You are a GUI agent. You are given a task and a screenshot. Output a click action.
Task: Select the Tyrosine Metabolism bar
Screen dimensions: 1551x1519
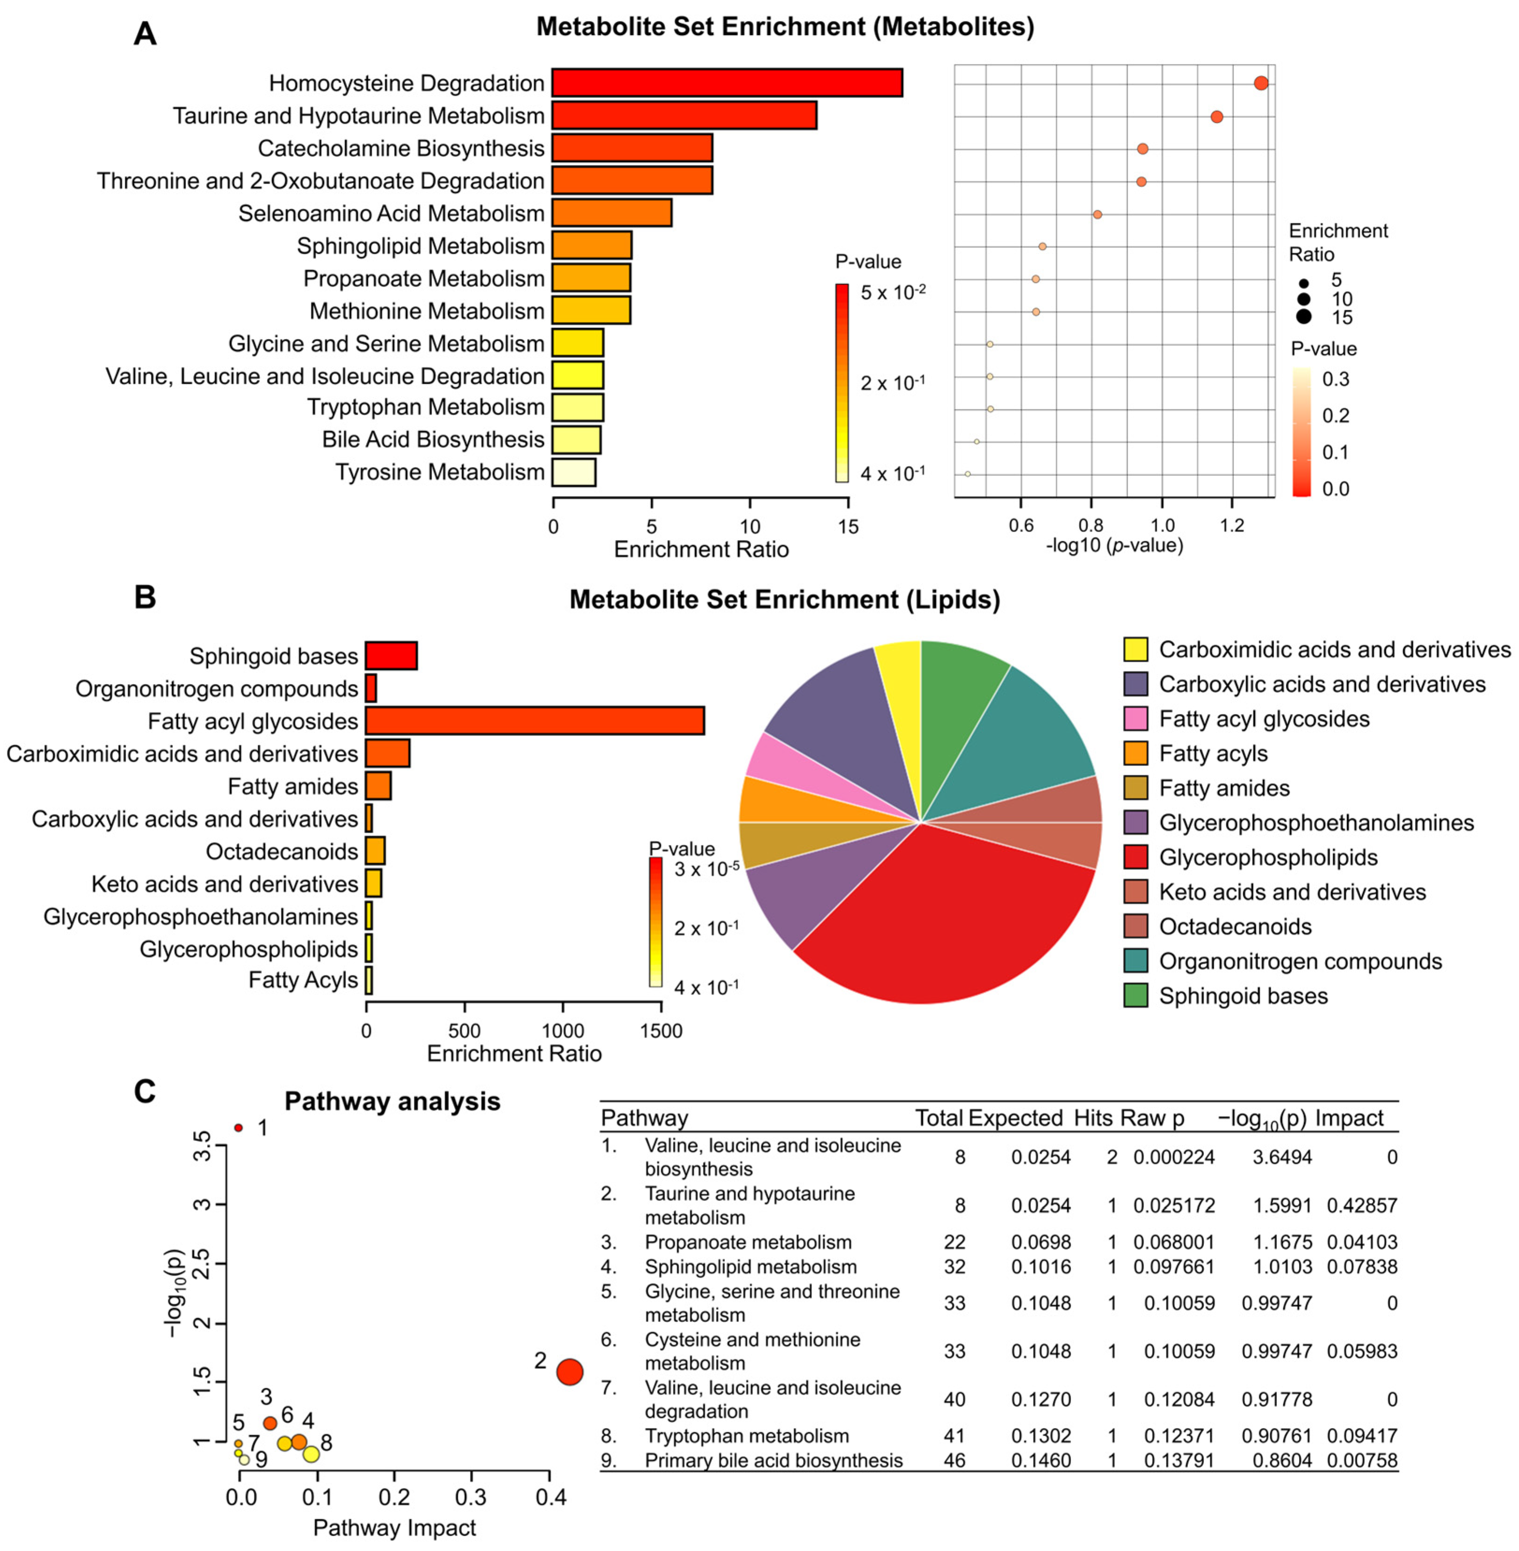(x=574, y=472)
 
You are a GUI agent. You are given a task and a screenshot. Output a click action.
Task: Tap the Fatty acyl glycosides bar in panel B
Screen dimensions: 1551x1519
(x=535, y=721)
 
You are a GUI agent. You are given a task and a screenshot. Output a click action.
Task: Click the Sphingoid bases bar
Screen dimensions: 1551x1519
(x=391, y=656)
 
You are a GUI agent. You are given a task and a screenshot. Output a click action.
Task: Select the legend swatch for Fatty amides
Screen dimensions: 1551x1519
(x=1135, y=788)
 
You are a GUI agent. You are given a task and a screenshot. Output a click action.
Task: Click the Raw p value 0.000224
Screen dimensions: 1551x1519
(x=1173, y=1157)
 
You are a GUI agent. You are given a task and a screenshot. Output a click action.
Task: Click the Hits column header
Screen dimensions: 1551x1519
(x=1092, y=1118)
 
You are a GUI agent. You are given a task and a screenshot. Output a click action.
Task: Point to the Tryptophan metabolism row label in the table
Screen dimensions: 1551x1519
(x=747, y=1436)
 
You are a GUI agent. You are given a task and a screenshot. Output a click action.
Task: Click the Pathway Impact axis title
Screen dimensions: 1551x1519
(x=394, y=1527)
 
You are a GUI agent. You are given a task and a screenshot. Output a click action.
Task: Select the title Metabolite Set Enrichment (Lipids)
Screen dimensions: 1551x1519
(x=784, y=599)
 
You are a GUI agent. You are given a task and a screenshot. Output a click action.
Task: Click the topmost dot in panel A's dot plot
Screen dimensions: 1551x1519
(x=1260, y=83)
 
